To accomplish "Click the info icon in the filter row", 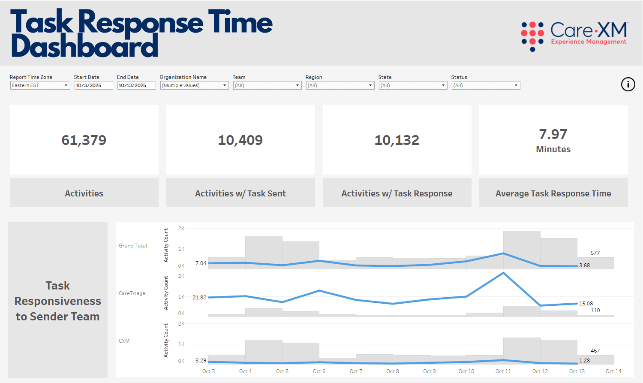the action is click(628, 84).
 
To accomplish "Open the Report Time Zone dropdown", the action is click(40, 85).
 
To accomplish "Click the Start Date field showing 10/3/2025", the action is click(93, 85).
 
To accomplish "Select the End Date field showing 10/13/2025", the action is click(136, 85).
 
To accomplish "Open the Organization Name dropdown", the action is click(194, 85).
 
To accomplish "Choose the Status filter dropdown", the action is click(486, 85).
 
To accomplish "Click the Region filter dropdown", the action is click(340, 85).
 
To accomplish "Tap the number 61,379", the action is click(84, 140).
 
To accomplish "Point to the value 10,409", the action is click(240, 140).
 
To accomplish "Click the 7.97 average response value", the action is click(553, 134).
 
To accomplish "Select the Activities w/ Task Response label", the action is click(397, 193).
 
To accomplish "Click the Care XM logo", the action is click(574, 37).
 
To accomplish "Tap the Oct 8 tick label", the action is click(393, 371).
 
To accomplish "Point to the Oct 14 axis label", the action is click(614, 371).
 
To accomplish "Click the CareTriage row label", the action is click(132, 293).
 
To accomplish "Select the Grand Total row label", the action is click(133, 245).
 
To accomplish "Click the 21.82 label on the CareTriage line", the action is click(199, 298).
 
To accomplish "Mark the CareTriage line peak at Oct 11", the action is click(504, 273).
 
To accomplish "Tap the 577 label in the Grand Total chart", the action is click(595, 253).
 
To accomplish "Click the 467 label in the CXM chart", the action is click(595, 350).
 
